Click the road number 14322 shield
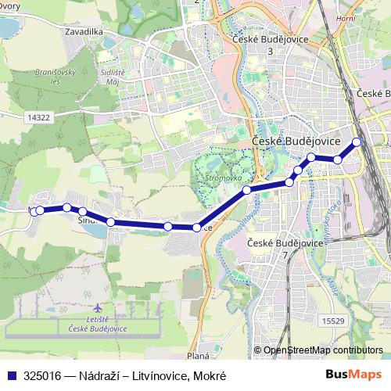[37, 117]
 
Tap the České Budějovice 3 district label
[270, 45]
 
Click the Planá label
[198, 356]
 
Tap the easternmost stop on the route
[357, 142]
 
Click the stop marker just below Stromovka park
[246, 190]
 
